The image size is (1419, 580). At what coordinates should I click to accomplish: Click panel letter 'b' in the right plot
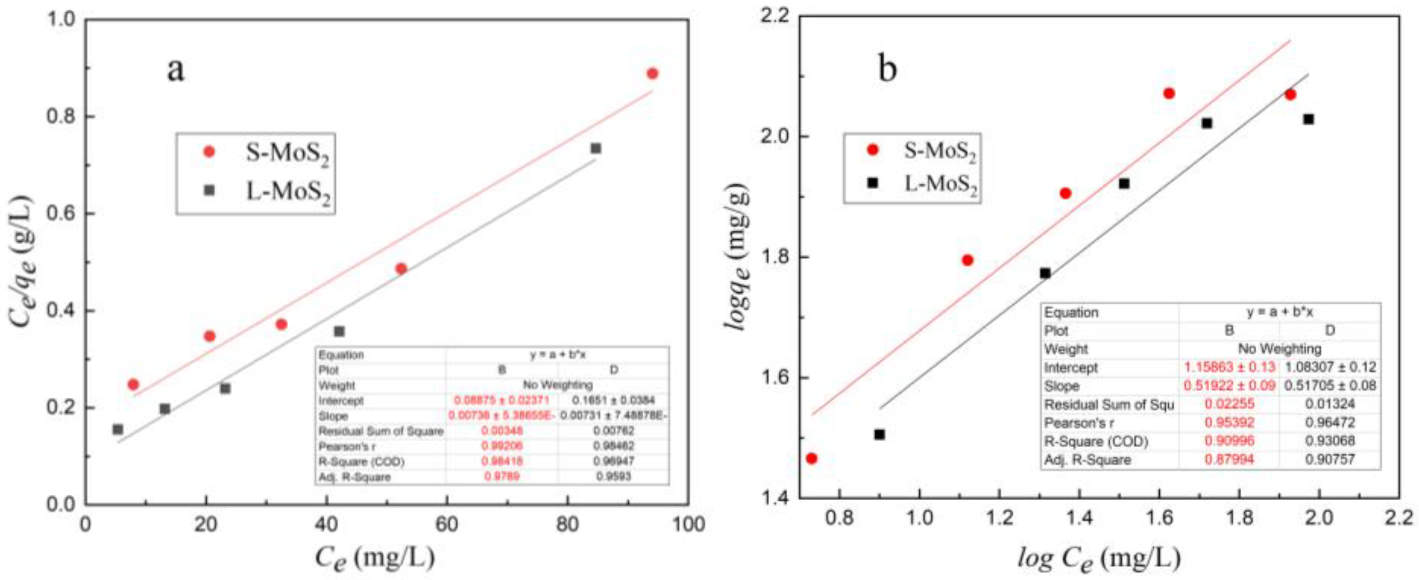pos(887,70)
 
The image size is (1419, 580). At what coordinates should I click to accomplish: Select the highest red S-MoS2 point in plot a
pos(652,74)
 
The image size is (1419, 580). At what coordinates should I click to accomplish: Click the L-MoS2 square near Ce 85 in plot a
pos(595,148)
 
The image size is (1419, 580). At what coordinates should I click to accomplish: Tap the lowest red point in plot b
pos(812,458)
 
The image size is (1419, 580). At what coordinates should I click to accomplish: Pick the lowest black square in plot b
pos(880,434)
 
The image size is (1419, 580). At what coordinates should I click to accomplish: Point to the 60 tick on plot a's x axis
pos(447,524)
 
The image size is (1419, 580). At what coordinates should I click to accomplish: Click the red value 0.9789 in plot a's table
pos(501,477)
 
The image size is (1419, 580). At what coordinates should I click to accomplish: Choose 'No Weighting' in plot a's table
pos(557,385)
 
